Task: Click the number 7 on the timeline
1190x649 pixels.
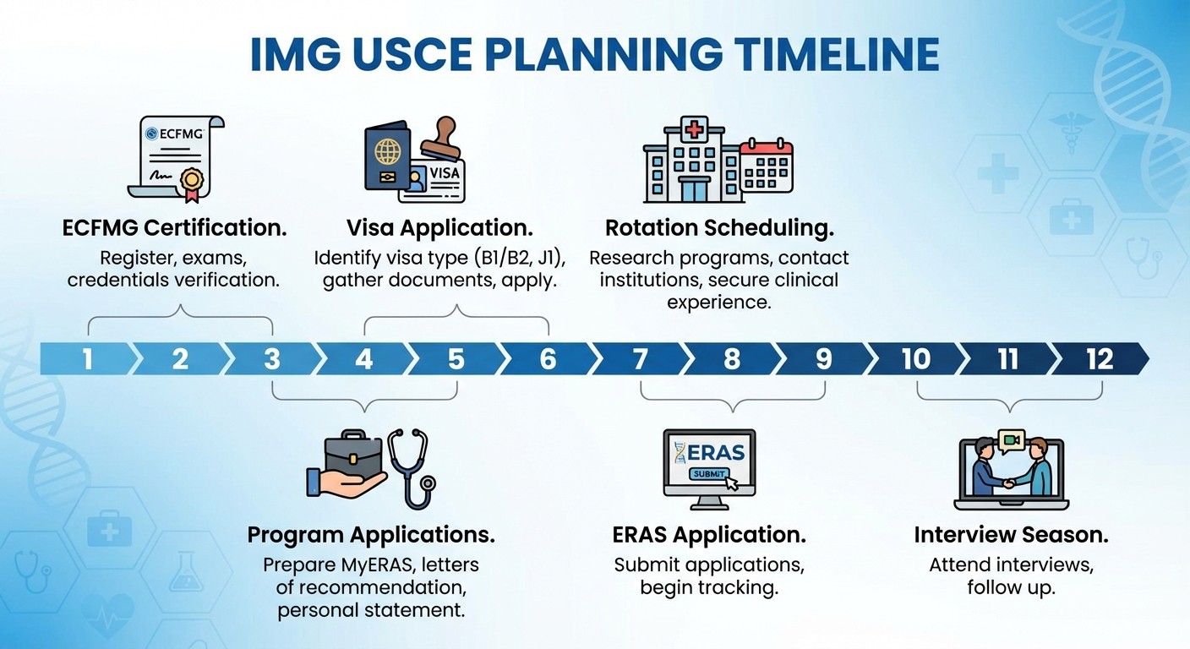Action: tap(640, 359)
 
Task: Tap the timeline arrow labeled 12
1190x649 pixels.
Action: tap(1100, 359)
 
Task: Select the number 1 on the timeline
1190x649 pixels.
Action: tap(87, 359)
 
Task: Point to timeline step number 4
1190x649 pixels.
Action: tap(363, 359)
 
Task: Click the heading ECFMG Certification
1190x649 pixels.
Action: tap(174, 228)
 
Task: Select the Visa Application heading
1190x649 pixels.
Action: tap(439, 228)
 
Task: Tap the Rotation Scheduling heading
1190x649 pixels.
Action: tap(719, 228)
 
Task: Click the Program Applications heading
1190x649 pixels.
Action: tap(370, 535)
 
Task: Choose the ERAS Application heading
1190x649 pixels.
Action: tap(708, 535)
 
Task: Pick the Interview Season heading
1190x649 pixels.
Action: tap(1011, 535)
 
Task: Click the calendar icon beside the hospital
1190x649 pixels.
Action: tap(766, 167)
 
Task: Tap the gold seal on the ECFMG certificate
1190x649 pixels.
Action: tap(191, 180)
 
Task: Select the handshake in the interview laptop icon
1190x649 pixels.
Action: tap(1009, 483)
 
